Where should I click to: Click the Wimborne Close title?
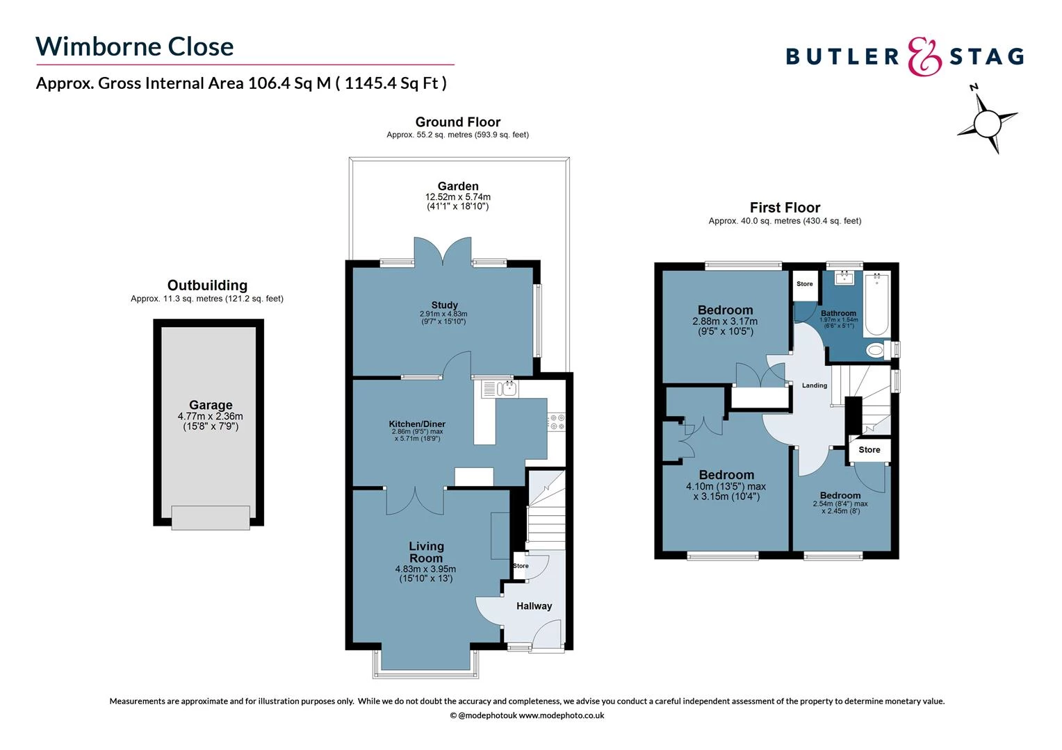(134, 47)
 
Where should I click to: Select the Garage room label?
(211, 405)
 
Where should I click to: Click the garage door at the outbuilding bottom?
(211, 517)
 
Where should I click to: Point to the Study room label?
(444, 305)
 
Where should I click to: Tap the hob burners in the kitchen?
(557, 422)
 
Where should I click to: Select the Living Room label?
(426, 552)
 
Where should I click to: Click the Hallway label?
(534, 606)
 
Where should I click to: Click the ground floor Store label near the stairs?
(521, 566)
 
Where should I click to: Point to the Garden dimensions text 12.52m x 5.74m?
(458, 197)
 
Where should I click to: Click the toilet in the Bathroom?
(877, 350)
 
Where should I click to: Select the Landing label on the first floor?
(815, 385)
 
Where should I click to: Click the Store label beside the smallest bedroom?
(869, 450)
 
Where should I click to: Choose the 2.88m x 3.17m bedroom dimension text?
(725, 322)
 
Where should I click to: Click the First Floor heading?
(785, 208)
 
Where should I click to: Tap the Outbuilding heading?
(207, 285)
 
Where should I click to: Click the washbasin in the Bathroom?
(844, 278)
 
